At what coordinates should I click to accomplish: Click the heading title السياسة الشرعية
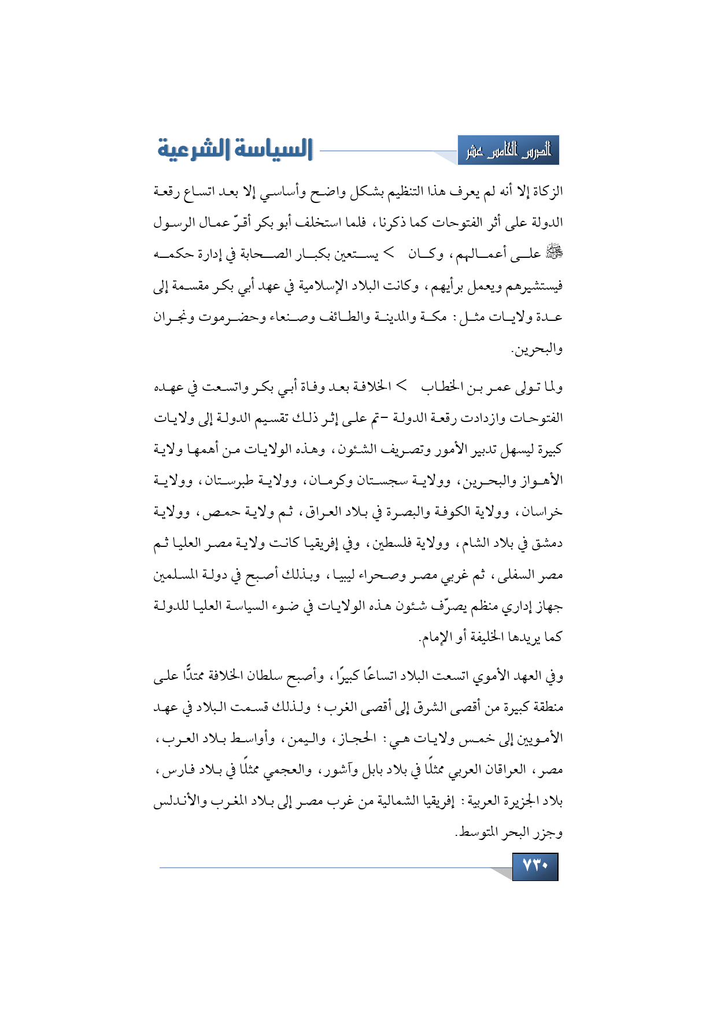click(235, 149)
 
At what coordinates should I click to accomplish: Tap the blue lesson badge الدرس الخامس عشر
click(508, 151)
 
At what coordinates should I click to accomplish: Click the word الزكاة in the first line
click(547, 191)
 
